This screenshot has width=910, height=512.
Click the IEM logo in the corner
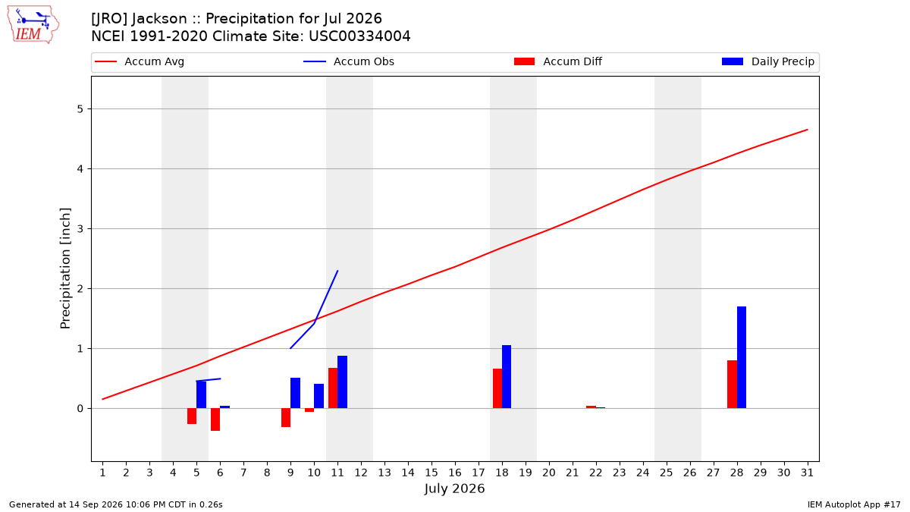tap(33, 25)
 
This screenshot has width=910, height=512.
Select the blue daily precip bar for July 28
tap(742, 357)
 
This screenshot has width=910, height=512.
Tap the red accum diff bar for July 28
tap(732, 384)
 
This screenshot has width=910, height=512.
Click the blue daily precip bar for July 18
tap(507, 377)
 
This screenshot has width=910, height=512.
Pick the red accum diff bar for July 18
tap(497, 388)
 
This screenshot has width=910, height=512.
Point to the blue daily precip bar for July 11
tap(343, 382)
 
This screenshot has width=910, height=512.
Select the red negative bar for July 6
tap(215, 419)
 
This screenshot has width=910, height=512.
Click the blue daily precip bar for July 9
tap(295, 393)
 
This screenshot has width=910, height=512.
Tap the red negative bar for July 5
tap(192, 416)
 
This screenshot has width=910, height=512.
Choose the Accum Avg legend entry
tap(140, 61)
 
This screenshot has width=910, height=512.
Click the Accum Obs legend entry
tap(349, 61)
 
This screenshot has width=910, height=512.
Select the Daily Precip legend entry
tap(767, 61)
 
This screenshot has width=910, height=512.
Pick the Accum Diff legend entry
tap(558, 61)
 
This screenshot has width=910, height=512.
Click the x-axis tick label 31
tap(807, 473)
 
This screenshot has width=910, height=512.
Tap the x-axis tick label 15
tap(431, 473)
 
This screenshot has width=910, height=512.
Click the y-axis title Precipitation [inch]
tap(65, 269)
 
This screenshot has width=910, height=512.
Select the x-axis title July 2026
tap(454, 488)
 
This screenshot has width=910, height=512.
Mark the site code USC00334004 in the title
tap(359, 36)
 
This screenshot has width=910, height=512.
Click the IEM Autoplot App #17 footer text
tap(854, 504)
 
